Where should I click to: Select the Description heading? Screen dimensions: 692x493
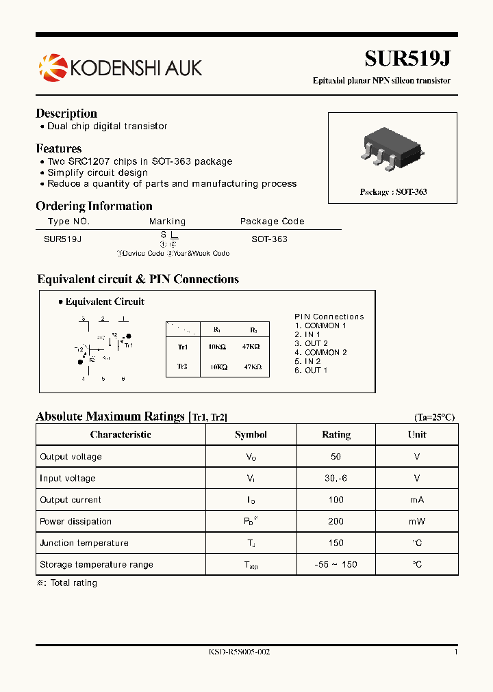(x=66, y=114)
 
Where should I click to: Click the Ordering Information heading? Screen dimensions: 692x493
(x=94, y=206)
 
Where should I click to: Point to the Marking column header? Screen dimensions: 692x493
(x=167, y=222)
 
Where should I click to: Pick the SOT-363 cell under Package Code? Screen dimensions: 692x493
(x=269, y=239)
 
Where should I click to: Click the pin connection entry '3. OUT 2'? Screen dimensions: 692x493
(x=312, y=343)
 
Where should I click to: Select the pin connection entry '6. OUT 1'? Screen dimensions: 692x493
(x=312, y=370)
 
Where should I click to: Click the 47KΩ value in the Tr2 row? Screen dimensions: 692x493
(x=253, y=367)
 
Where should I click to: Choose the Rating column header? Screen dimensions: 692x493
(x=336, y=435)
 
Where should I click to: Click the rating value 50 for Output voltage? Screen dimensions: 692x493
(x=336, y=457)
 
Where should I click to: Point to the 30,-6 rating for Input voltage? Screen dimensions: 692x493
(x=336, y=479)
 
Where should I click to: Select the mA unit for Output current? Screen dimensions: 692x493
(x=417, y=500)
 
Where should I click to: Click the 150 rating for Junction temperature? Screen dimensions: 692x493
(x=336, y=543)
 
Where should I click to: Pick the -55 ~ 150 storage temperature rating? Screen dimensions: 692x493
(x=336, y=565)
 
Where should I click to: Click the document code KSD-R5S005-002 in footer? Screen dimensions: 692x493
(x=239, y=652)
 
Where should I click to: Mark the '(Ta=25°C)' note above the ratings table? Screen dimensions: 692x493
(x=434, y=417)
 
